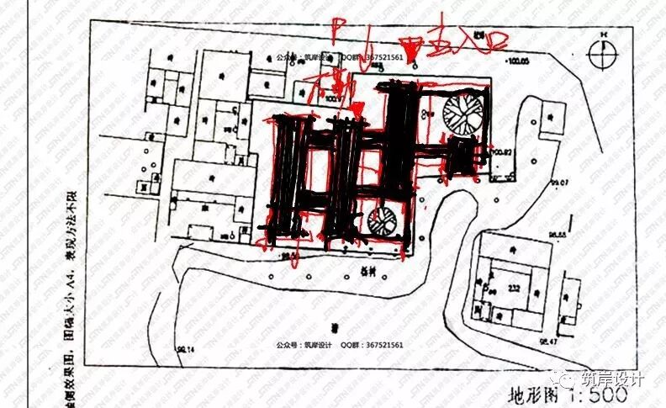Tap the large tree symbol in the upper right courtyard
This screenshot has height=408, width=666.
point(462,114)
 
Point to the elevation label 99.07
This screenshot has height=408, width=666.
point(561,182)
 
